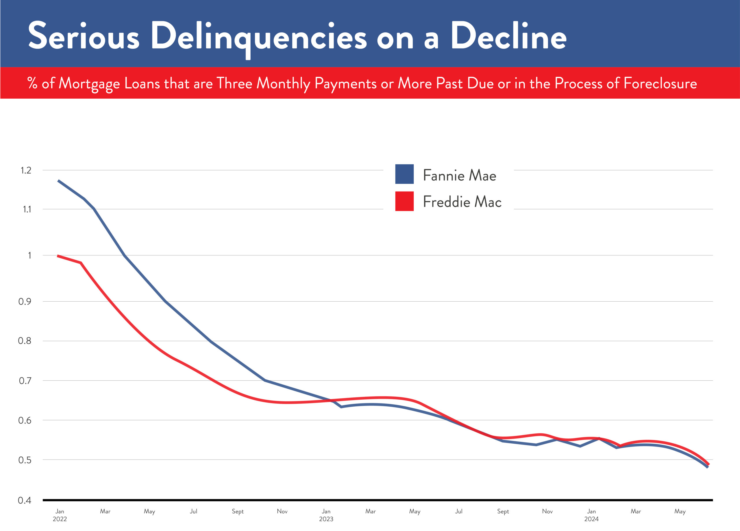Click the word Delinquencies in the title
[x=258, y=36]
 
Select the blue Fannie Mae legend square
[x=404, y=174]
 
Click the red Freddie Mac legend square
[x=404, y=201]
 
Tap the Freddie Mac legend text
[x=462, y=202]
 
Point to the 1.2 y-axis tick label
[x=26, y=170]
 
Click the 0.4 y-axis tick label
[x=25, y=500]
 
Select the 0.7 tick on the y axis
[x=25, y=381]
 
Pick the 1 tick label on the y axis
[x=30, y=255]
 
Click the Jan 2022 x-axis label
[x=60, y=515]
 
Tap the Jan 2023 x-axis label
[x=326, y=515]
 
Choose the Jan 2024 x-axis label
[x=591, y=515]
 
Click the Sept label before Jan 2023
[x=238, y=511]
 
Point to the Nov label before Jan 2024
[x=547, y=511]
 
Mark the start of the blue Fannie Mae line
[x=58, y=180]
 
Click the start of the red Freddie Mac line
[x=58, y=256]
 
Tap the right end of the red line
[x=708, y=464]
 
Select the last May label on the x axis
[x=680, y=511]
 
